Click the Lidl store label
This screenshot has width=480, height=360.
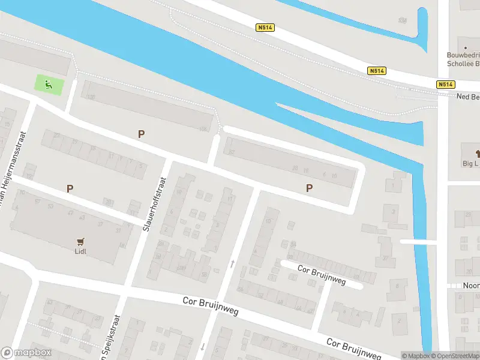(81, 251)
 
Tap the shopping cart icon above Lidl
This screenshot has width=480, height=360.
(80, 241)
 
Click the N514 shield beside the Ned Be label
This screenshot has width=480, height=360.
(445, 85)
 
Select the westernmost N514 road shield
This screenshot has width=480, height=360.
(264, 28)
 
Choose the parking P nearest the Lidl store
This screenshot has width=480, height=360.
(70, 188)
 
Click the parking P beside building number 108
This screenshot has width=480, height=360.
(141, 134)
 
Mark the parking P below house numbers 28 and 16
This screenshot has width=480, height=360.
(310, 188)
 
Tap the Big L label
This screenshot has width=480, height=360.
(470, 163)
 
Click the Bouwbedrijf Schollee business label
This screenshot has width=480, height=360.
(463, 59)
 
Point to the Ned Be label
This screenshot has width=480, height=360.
(468, 97)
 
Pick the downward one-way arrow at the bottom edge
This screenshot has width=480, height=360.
(203, 346)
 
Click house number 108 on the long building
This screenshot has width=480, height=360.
(203, 130)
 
